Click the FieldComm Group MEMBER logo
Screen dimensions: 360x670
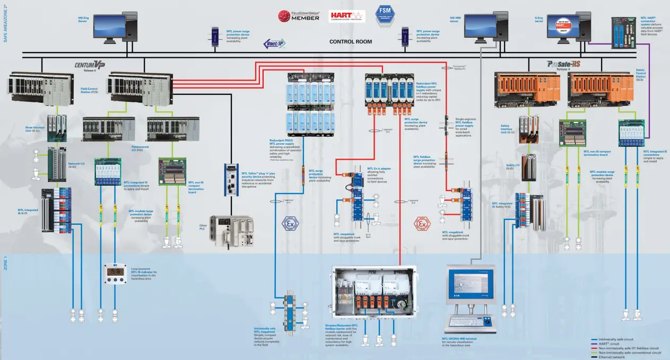[x=299, y=15]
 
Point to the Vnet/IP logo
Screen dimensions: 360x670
[x=274, y=44]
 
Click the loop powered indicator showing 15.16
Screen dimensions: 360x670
[x=115, y=273]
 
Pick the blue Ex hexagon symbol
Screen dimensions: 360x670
[x=290, y=223]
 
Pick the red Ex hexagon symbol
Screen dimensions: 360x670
[x=422, y=224]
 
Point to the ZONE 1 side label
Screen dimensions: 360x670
[x=5, y=264]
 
